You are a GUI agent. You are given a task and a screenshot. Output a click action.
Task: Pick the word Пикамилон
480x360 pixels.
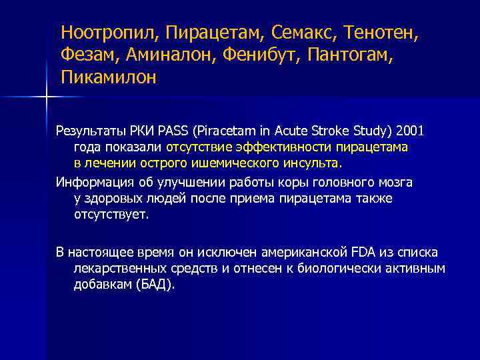108,77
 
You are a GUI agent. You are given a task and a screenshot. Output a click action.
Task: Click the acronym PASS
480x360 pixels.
175,129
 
